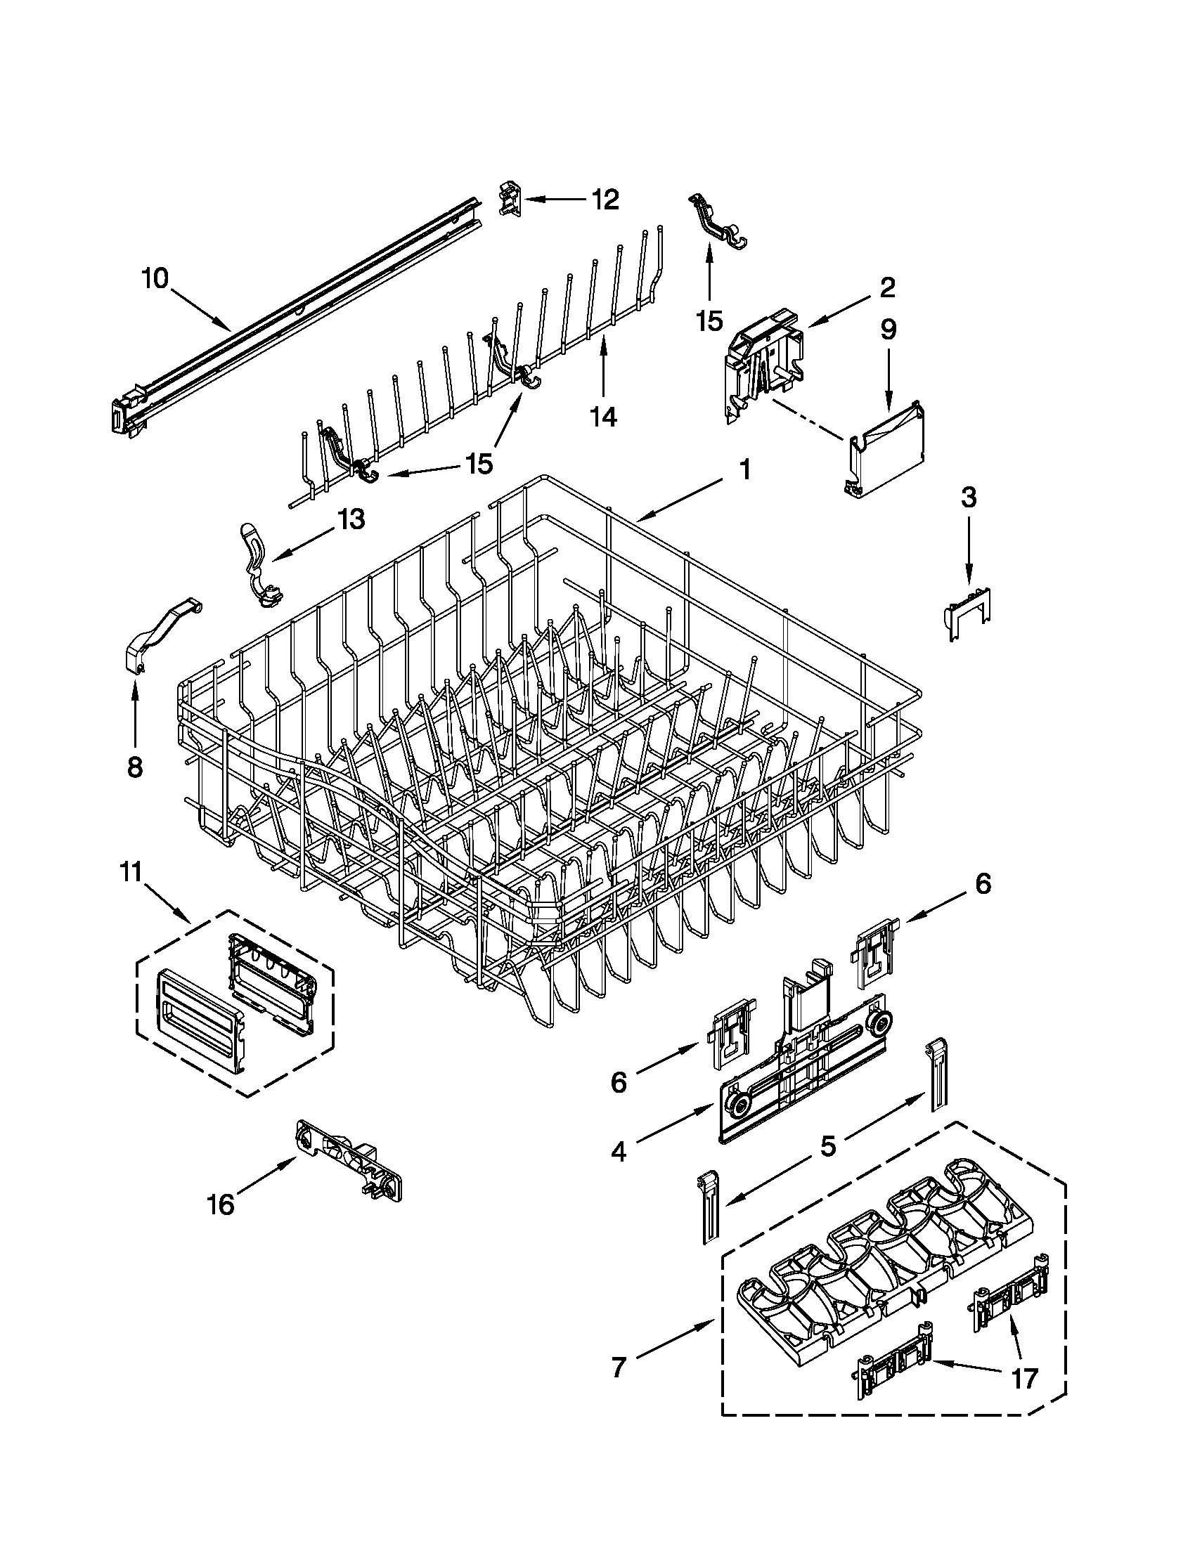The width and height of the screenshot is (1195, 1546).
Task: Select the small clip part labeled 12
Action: click(511, 199)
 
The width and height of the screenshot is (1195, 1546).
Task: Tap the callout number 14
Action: click(603, 417)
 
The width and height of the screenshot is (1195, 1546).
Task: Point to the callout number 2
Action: click(887, 287)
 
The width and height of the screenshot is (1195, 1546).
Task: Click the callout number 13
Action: click(351, 519)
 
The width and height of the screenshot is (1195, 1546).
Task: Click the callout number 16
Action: click(221, 1203)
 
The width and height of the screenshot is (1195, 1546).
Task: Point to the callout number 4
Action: click(618, 1152)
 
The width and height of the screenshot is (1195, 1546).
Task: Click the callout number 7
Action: click(618, 1368)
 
